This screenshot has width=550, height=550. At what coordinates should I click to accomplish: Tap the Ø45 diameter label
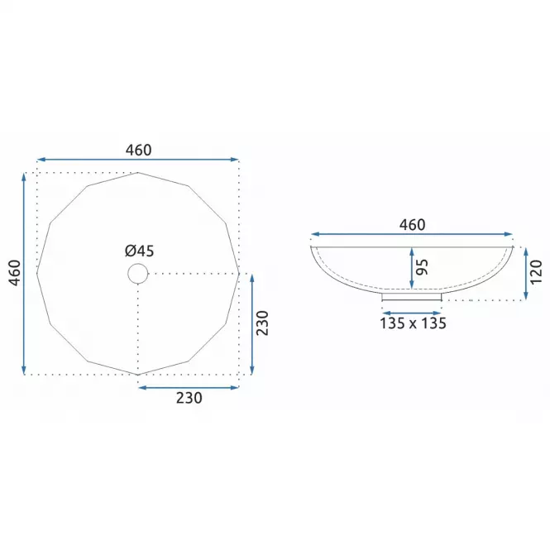pyautogui.click(x=139, y=251)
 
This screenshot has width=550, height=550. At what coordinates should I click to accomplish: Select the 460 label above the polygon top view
pyautogui.click(x=139, y=151)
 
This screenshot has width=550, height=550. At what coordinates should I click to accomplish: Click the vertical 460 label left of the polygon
pyautogui.click(x=14, y=273)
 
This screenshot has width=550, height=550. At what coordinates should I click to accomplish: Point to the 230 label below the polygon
pyautogui.click(x=189, y=398)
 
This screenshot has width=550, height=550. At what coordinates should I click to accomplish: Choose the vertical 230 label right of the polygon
pyautogui.click(x=262, y=323)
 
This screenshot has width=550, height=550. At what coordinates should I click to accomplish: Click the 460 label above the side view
pyautogui.click(x=412, y=225)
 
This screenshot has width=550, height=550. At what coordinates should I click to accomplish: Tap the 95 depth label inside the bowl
pyautogui.click(x=422, y=267)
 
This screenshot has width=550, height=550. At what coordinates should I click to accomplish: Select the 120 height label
pyautogui.click(x=536, y=273)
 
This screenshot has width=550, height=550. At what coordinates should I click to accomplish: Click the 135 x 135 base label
pyautogui.click(x=413, y=323)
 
